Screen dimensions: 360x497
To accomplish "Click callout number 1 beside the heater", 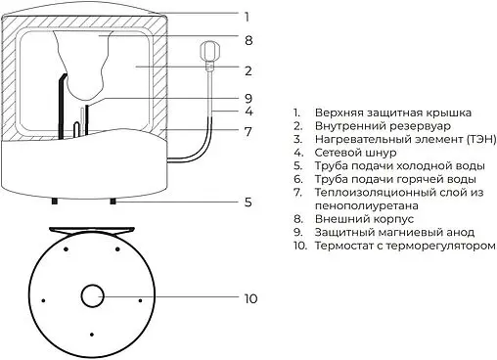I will (x=248, y=16).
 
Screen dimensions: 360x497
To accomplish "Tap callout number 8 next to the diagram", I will (x=248, y=40).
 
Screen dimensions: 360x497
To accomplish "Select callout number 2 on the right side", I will (x=248, y=70).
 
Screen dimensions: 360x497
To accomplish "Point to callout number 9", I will (x=248, y=98).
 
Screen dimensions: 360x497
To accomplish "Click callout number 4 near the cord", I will (x=248, y=113).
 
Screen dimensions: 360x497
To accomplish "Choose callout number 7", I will (x=248, y=130).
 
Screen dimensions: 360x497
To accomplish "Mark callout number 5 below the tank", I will (x=248, y=202).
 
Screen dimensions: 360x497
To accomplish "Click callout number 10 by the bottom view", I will (x=251, y=297).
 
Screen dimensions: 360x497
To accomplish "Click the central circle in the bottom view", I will (x=95, y=296).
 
